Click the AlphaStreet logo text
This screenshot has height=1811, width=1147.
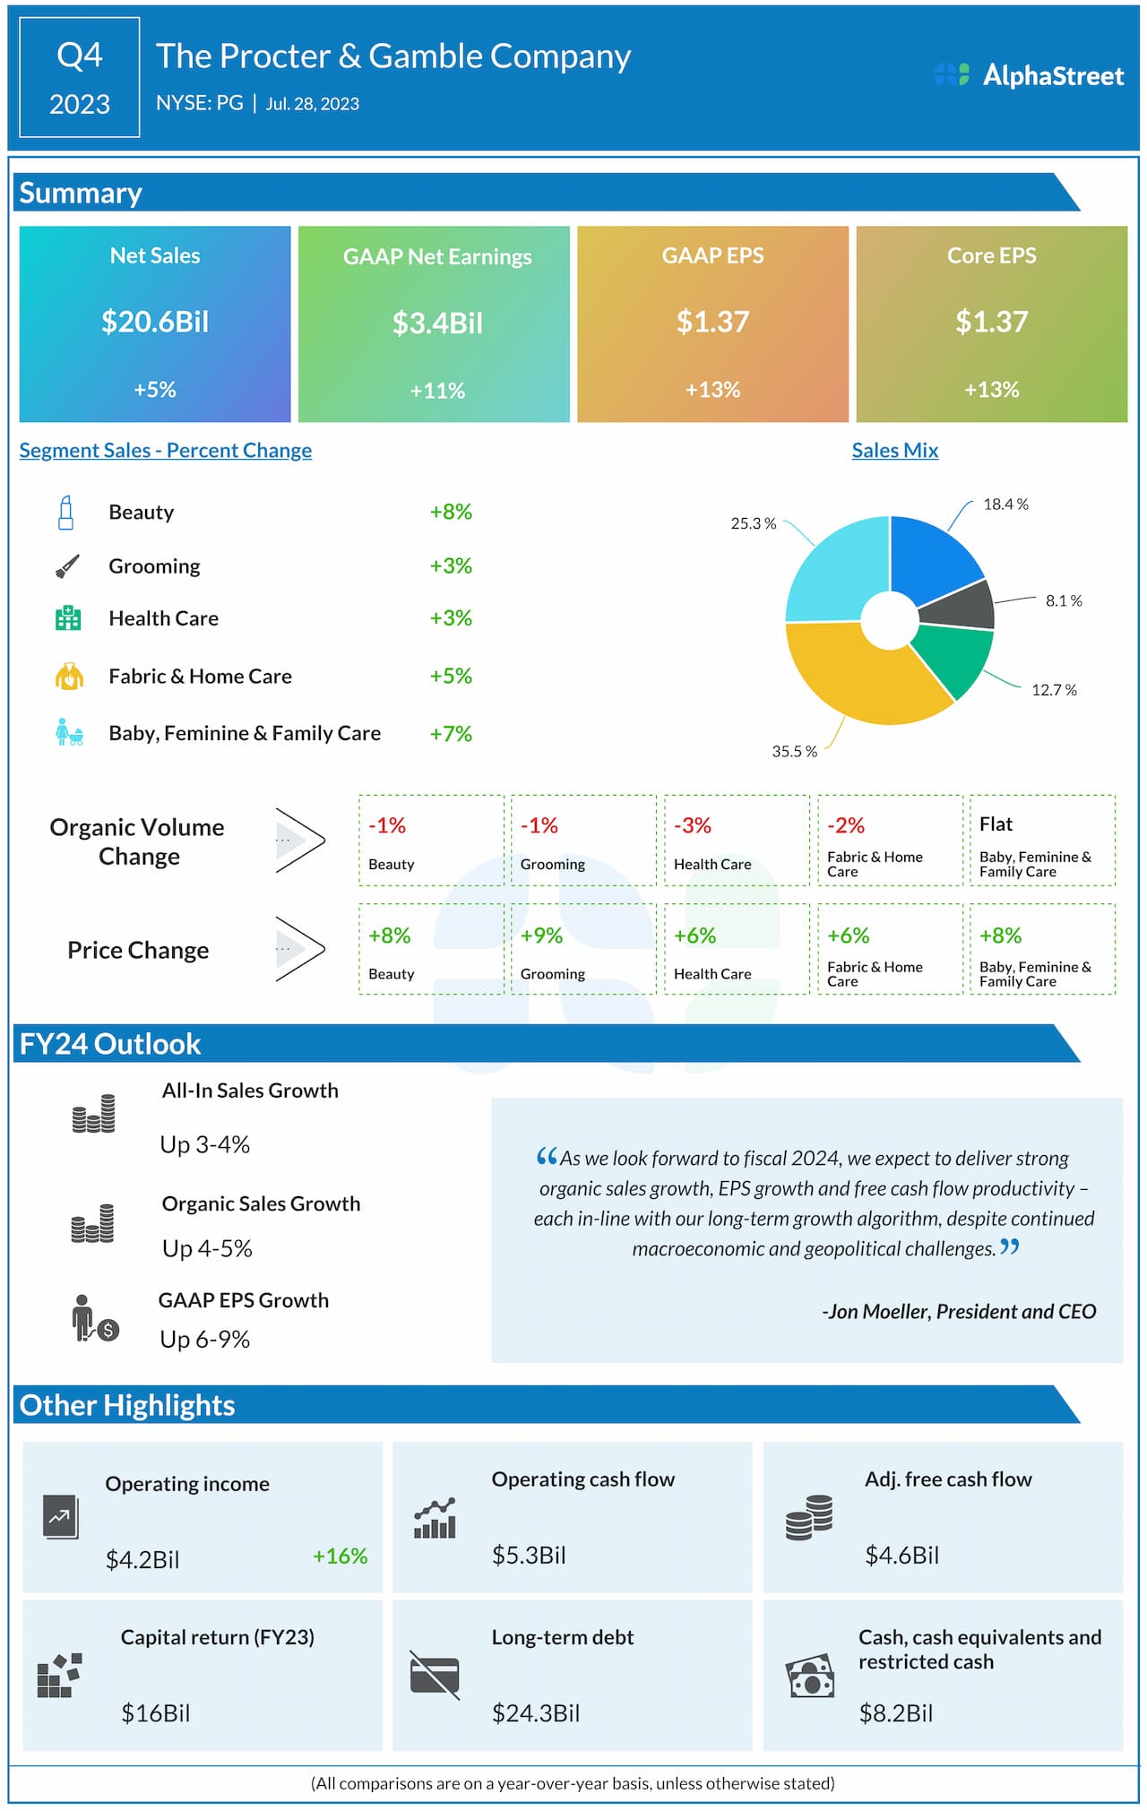(x=1053, y=75)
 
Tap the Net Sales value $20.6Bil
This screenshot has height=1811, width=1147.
(x=155, y=322)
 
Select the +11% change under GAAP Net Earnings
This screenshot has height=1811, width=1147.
(x=437, y=391)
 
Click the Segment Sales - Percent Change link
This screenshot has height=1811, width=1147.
(x=166, y=451)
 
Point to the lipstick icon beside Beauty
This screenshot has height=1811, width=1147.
(x=65, y=513)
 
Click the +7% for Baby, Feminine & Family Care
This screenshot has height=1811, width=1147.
(x=451, y=734)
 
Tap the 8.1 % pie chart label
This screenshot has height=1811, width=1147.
(x=1064, y=600)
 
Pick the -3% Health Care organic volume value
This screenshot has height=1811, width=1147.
(x=693, y=825)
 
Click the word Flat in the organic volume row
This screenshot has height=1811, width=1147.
(x=996, y=824)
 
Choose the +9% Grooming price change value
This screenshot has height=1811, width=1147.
(x=541, y=936)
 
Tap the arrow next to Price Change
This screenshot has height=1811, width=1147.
(x=300, y=948)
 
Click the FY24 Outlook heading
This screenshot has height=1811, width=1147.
(x=110, y=1044)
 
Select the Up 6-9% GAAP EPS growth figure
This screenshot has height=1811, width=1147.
(x=205, y=1340)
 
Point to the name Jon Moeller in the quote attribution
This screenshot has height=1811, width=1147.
(x=879, y=1312)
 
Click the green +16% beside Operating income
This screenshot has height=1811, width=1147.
(x=340, y=1557)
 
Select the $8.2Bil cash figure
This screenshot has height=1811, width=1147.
(x=896, y=1713)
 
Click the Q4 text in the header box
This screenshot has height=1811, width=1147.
(x=80, y=56)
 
